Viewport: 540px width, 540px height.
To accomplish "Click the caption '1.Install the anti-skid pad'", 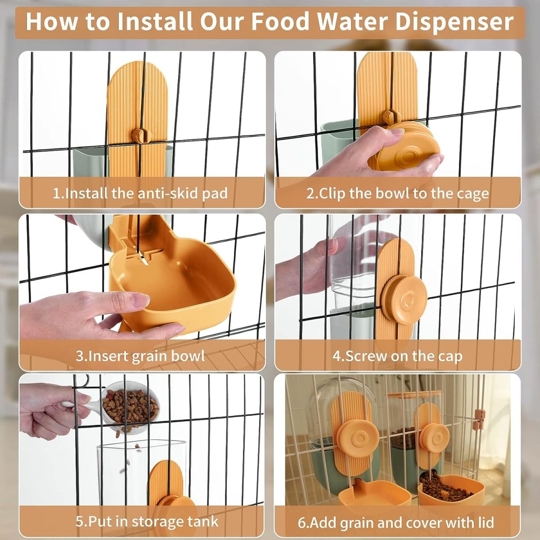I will pyautogui.click(x=140, y=193).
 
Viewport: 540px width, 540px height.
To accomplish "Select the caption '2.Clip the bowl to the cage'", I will pyautogui.click(x=398, y=193).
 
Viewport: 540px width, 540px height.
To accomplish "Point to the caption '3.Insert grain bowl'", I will pyautogui.click(x=140, y=356).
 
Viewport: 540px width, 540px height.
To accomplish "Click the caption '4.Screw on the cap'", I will pyautogui.click(x=398, y=356).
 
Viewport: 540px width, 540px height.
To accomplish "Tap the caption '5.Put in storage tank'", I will pyautogui.click(x=147, y=522).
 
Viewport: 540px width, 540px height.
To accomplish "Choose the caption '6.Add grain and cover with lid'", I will pyautogui.click(x=396, y=522).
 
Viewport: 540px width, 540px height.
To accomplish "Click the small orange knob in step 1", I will pyautogui.click(x=139, y=134).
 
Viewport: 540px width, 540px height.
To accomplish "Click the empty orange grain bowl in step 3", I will pyautogui.click(x=175, y=288).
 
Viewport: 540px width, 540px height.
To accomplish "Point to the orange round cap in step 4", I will pyautogui.click(x=404, y=299).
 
